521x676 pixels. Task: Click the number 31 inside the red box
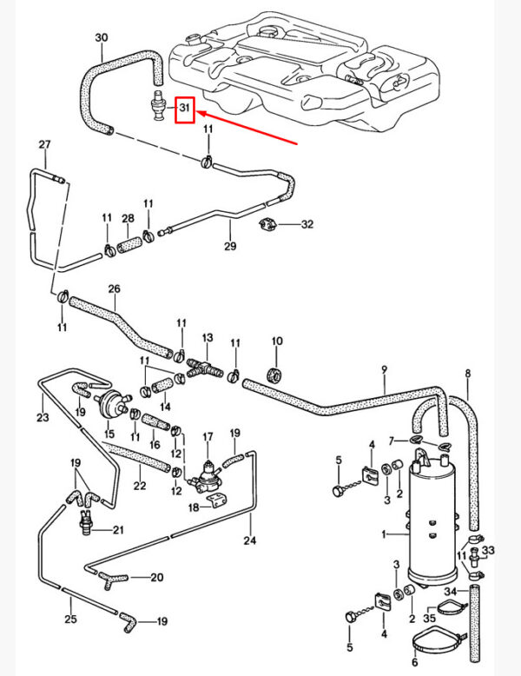pos(184,109)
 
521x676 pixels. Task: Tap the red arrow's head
pos(199,112)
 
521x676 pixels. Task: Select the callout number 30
pos(102,37)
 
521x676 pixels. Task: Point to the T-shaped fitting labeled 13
pos(206,368)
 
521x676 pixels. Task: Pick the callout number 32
pos(307,224)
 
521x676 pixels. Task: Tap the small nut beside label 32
pos(268,225)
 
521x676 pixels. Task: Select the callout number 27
pos(45,144)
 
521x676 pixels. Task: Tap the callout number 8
pos(468,374)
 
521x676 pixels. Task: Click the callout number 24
pos(250,540)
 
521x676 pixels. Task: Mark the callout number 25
pos(71,619)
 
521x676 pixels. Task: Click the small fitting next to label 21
pos(87,523)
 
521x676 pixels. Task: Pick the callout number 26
pos(114,288)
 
